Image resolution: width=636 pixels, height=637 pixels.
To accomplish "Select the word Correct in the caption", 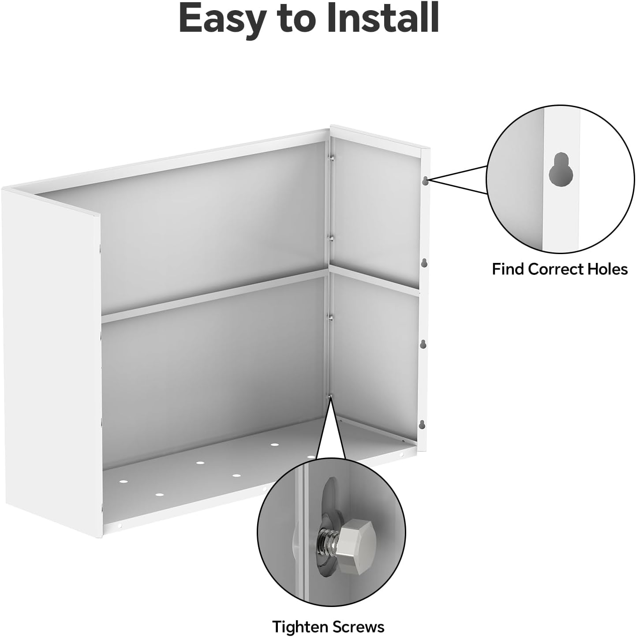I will click(x=557, y=269).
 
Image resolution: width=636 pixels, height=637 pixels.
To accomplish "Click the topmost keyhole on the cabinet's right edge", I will click(x=425, y=180).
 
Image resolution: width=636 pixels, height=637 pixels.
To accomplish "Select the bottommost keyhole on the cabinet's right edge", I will click(x=422, y=424).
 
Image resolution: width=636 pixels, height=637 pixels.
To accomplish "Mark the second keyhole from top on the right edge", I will click(x=424, y=263).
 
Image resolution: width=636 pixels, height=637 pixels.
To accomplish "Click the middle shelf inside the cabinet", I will click(x=212, y=293).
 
